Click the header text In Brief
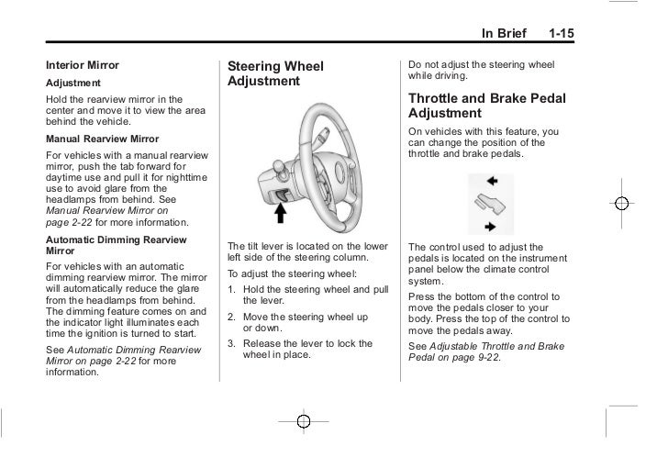(x=504, y=35)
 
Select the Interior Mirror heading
(x=83, y=65)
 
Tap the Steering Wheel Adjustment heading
(x=275, y=73)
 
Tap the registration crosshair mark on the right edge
(x=622, y=204)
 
